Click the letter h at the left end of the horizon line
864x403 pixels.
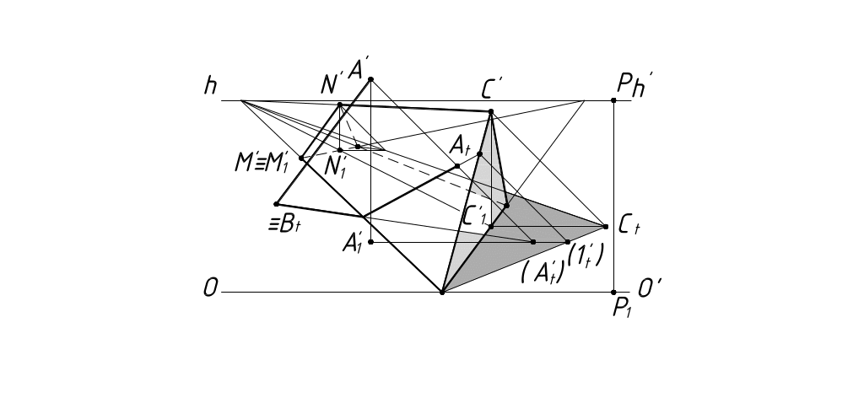tap(210, 85)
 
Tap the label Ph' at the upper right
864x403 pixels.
tap(634, 83)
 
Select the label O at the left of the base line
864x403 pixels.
tap(210, 289)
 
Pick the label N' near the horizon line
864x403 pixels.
tap(331, 84)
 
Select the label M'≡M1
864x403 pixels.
tap(262, 164)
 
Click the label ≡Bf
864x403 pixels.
tap(280, 225)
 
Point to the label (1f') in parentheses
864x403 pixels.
tap(585, 255)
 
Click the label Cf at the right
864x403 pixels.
tap(628, 225)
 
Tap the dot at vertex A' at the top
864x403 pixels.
tap(370, 79)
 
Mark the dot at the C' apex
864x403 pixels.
tap(491, 111)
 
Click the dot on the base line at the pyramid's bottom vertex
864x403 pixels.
tap(442, 292)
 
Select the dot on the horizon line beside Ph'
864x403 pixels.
tap(613, 100)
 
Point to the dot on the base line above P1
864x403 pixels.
tap(613, 292)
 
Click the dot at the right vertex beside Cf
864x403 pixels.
tap(606, 226)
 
